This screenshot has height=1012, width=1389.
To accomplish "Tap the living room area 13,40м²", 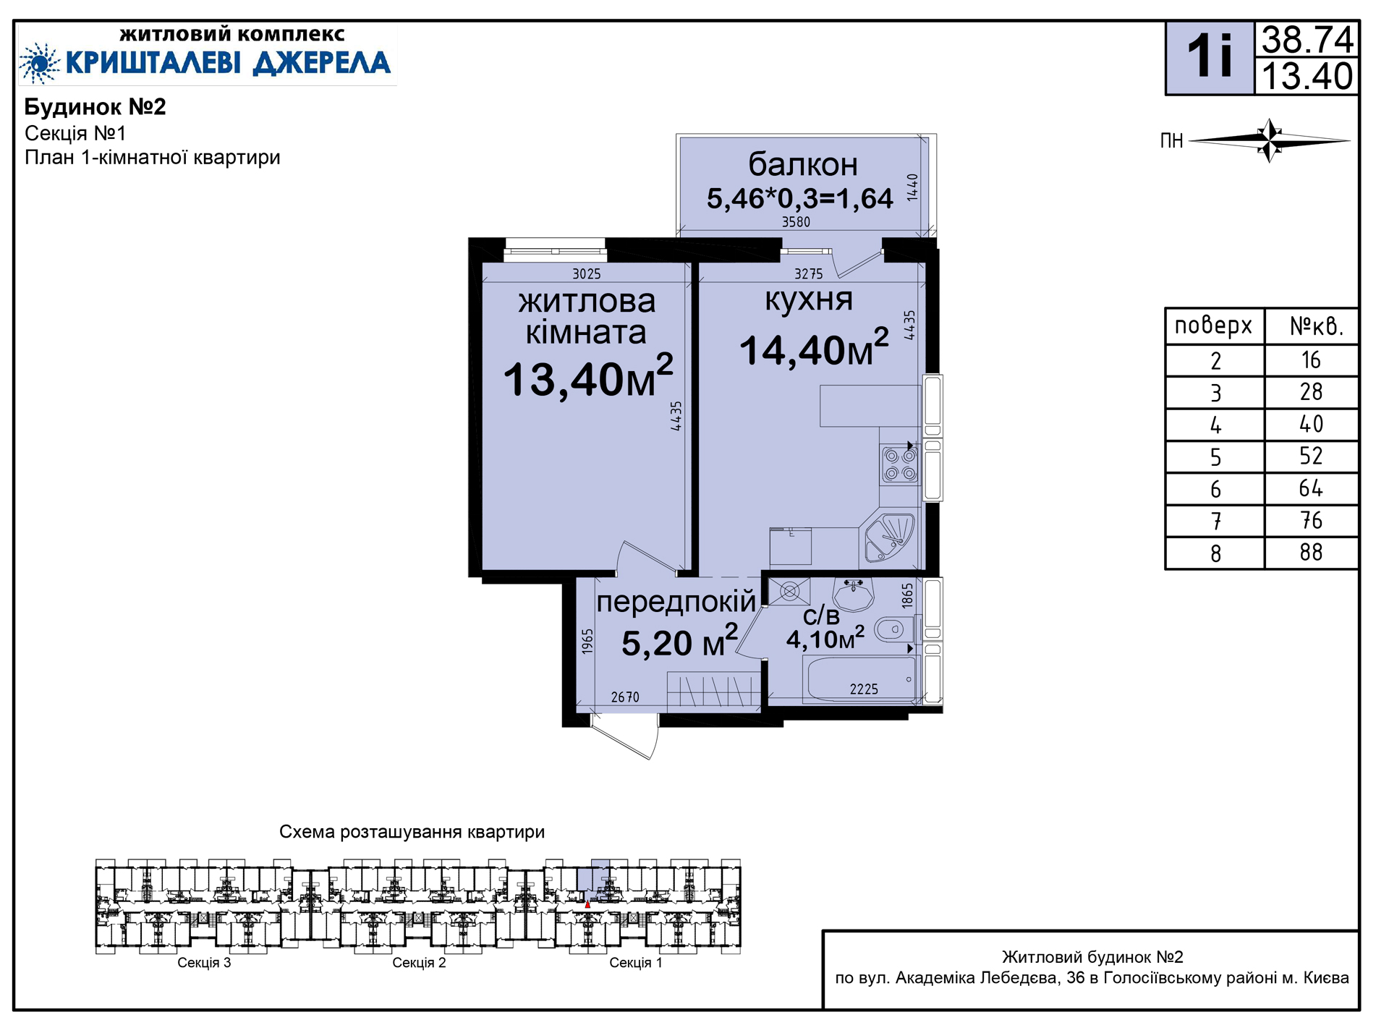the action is [588, 377].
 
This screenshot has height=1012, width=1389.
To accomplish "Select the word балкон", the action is [803, 164].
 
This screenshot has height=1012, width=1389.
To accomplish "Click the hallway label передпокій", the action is [676, 602].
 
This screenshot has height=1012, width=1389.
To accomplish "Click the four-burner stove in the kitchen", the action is [900, 465].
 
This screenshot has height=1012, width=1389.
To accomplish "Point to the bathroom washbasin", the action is [854, 595].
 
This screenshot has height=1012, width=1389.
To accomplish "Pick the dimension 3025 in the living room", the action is [587, 273].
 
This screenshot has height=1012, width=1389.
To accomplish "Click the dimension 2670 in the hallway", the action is [625, 697].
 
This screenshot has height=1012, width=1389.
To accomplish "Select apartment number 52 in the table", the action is [1311, 456].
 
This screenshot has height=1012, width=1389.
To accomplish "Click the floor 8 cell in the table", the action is [1215, 553].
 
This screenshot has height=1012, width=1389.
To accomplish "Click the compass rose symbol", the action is [1270, 140].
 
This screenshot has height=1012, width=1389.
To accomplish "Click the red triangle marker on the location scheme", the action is [587, 904].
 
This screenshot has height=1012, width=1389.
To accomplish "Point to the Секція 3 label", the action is [204, 963].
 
